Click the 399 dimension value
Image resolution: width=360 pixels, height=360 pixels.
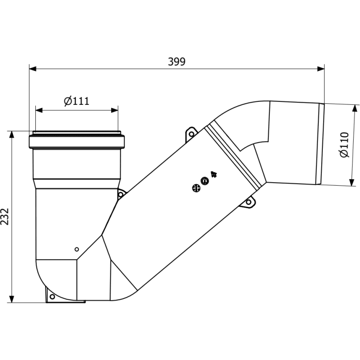[176, 62]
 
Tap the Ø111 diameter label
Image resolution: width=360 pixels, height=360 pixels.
[76, 101]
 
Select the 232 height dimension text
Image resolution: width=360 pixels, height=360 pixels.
[5, 216]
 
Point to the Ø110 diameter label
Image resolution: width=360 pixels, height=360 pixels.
[344, 144]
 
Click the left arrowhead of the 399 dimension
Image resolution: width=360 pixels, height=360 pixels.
[33, 69]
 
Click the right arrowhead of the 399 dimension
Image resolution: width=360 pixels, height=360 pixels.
[321, 69]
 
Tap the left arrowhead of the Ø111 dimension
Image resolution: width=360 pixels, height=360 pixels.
[39, 110]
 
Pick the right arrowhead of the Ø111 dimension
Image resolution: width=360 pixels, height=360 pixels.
[115, 110]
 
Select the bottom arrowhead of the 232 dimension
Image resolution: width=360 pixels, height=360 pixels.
[11, 299]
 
